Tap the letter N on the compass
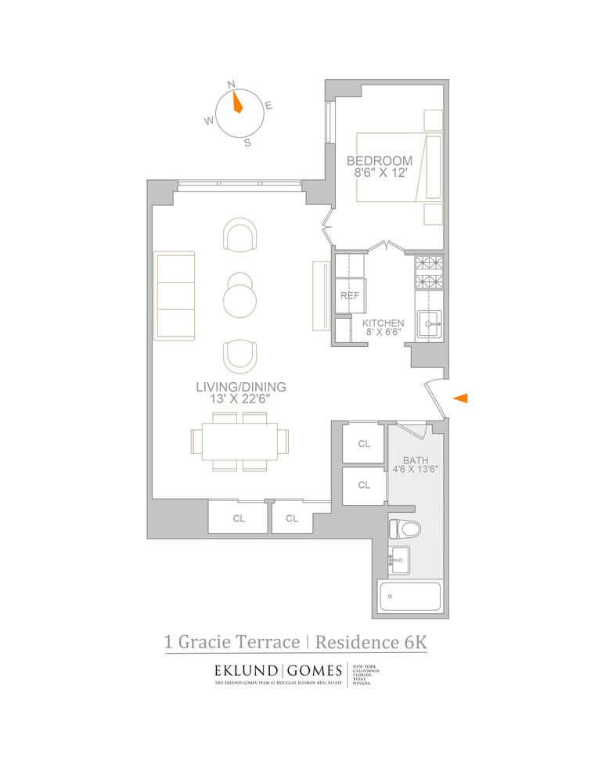(231, 84)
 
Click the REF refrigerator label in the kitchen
(349, 296)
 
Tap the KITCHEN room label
(383, 323)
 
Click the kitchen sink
(429, 323)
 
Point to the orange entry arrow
(461, 399)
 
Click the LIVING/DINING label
(241, 387)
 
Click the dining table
(239, 442)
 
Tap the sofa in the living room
(175, 295)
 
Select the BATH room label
(414, 460)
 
